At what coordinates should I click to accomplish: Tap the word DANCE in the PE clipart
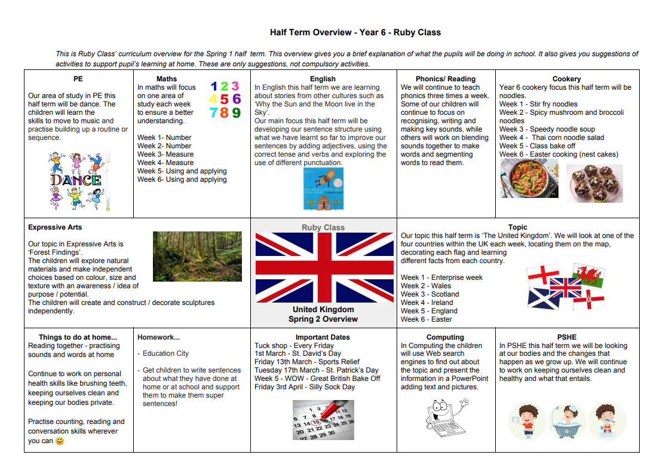click(75, 179)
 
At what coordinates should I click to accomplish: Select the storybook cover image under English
click(323, 188)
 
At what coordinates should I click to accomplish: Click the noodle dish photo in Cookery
click(529, 178)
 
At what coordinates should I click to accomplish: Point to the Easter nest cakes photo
click(594, 183)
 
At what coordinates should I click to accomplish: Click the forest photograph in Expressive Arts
click(197, 257)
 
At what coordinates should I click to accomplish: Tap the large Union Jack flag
click(323, 267)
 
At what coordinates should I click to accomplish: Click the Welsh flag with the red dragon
click(588, 275)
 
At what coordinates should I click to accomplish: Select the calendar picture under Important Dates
click(323, 420)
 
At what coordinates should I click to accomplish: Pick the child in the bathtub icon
click(567, 421)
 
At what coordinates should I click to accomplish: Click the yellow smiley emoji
click(60, 441)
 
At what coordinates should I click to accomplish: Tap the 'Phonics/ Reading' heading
click(446, 79)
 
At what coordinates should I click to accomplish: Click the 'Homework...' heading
click(158, 337)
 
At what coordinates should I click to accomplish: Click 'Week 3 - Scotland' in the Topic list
click(430, 294)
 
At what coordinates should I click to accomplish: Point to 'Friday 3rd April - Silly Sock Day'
click(305, 387)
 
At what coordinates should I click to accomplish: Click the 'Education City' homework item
click(165, 353)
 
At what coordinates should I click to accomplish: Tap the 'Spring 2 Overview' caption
click(323, 319)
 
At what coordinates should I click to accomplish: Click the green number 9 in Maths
click(236, 112)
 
